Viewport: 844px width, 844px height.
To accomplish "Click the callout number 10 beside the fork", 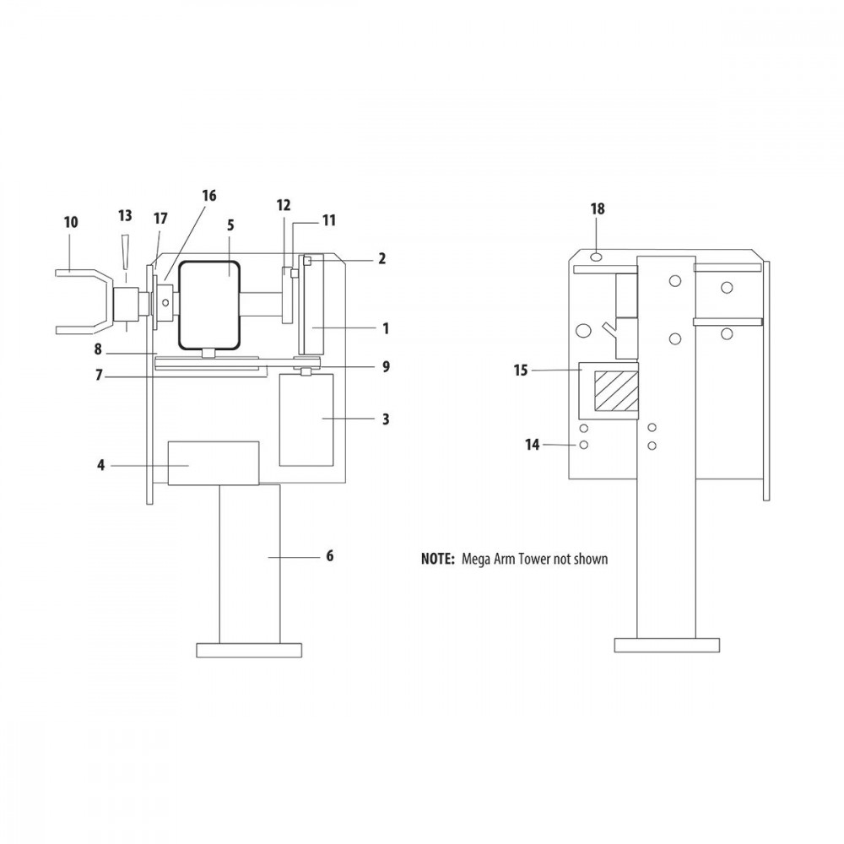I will [x=70, y=222].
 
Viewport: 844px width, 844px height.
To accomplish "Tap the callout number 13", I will [x=125, y=215].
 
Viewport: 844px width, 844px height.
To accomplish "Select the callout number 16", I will [x=208, y=196].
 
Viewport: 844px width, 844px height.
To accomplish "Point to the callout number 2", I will [x=381, y=258].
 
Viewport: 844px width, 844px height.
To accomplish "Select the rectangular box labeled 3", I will [x=306, y=419].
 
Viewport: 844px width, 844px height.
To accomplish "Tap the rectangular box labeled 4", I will [x=214, y=463].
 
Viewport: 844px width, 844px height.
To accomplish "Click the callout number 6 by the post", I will [x=329, y=555].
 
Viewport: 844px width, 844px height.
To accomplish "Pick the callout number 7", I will [x=99, y=376].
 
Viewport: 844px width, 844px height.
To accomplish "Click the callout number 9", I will [x=385, y=367].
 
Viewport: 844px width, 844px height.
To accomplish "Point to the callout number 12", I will [x=284, y=204].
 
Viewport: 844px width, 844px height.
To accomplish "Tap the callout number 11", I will [x=328, y=220].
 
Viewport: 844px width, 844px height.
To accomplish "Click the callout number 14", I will [x=532, y=443].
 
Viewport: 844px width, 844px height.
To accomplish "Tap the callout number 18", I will [x=598, y=208].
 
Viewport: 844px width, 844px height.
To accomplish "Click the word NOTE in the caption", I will [x=438, y=559].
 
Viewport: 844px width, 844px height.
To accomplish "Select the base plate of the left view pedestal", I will [x=249, y=650].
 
